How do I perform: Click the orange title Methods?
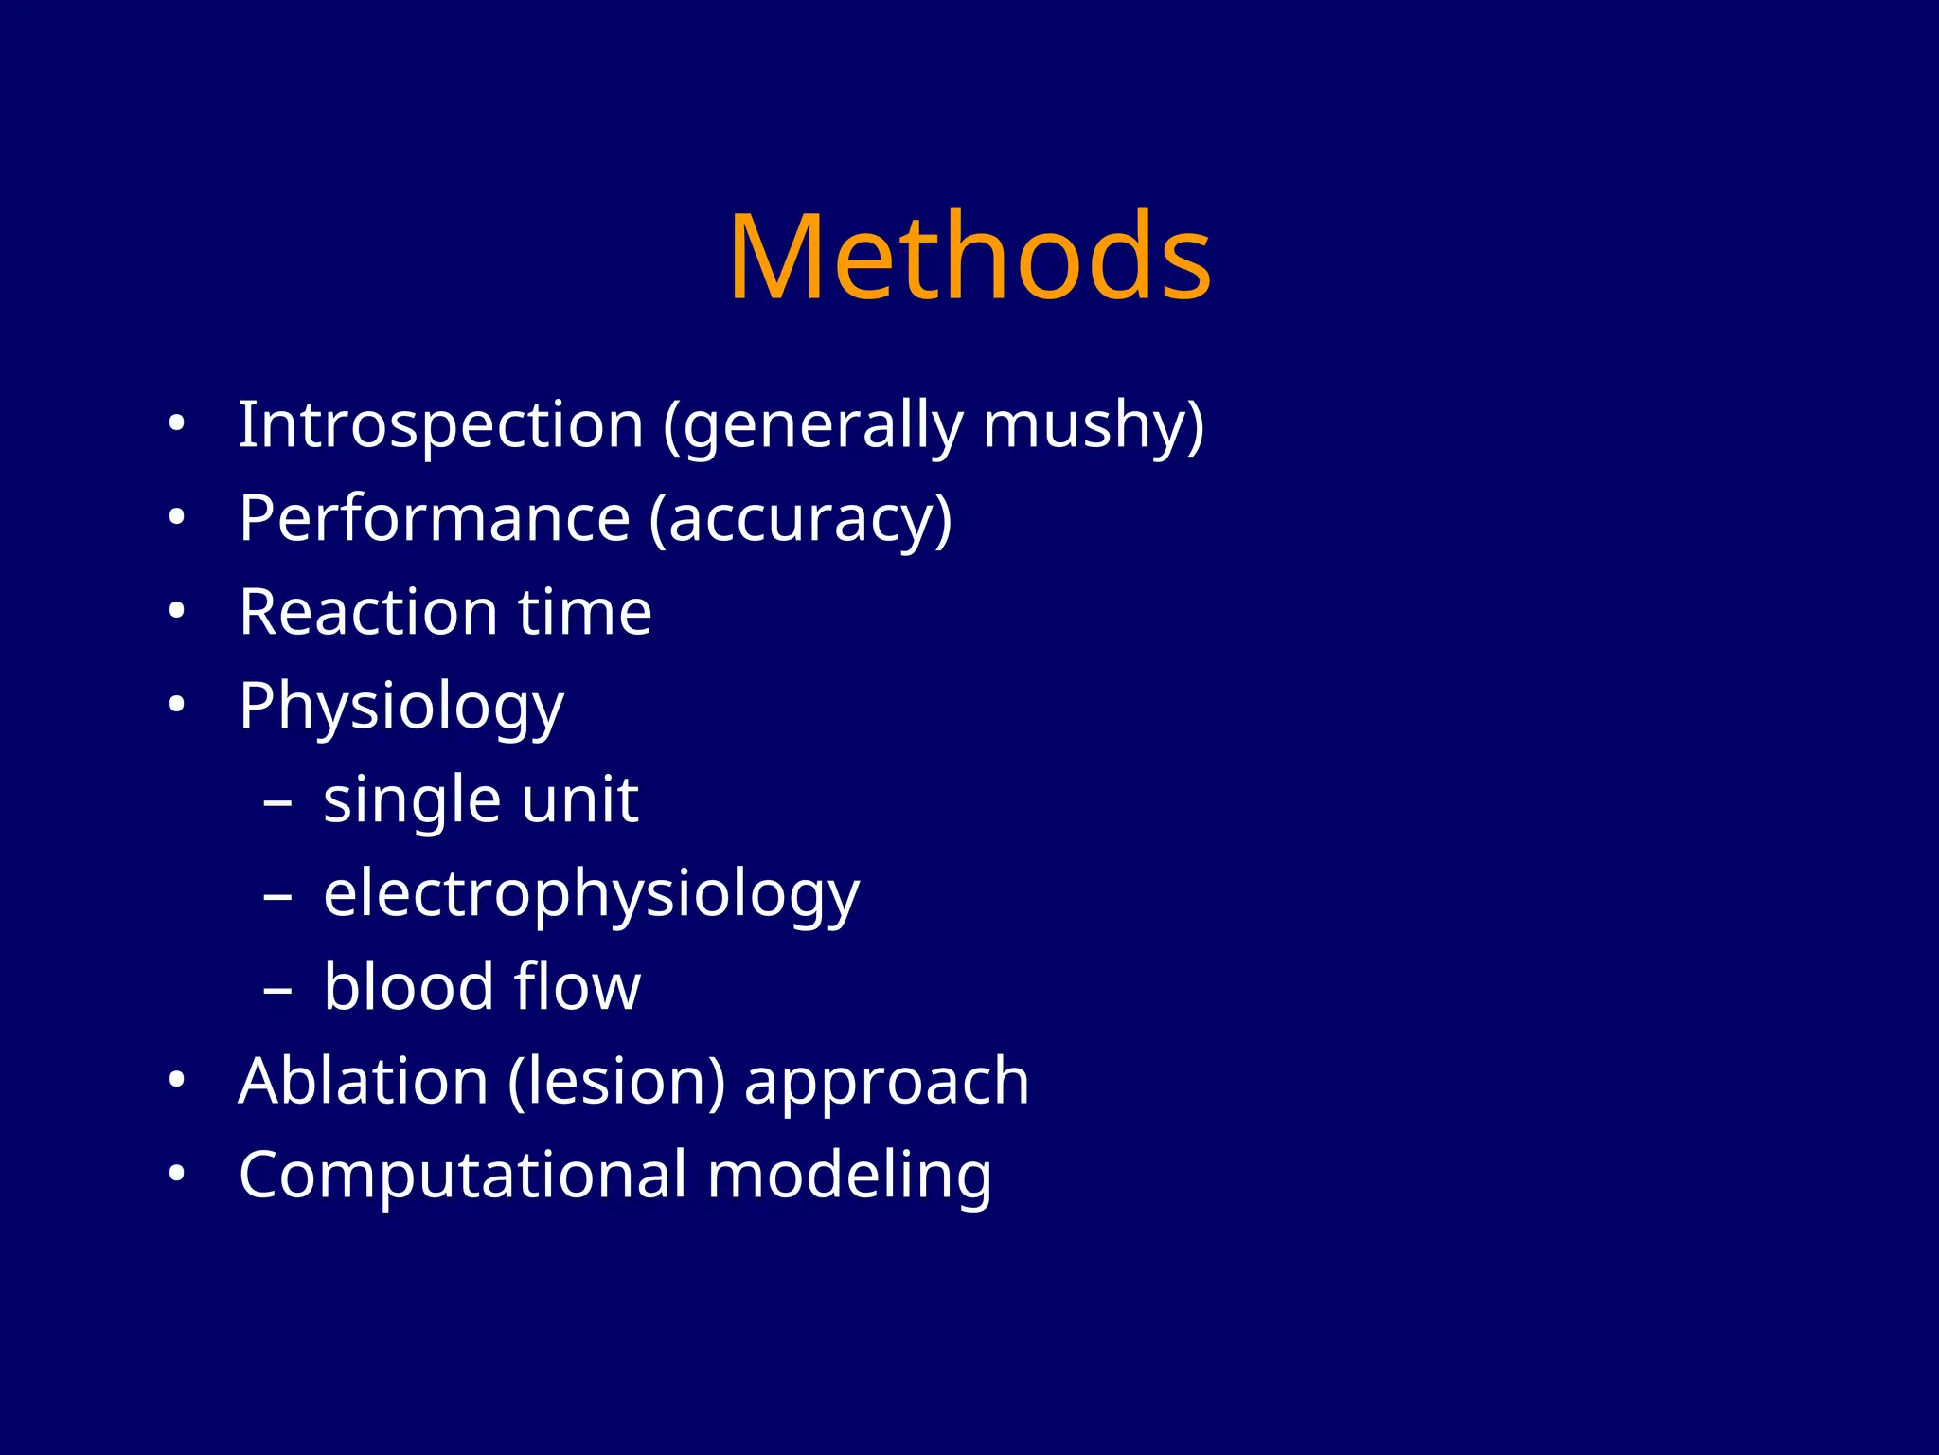[x=969, y=258]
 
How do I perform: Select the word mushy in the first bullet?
[x=1089, y=426]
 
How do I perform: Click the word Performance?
[x=435, y=518]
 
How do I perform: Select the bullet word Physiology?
[x=401, y=708]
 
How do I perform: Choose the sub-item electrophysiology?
[x=591, y=895]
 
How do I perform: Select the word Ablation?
[x=364, y=1081]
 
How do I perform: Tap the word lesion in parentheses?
[x=616, y=1081]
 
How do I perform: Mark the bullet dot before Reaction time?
[x=176, y=612]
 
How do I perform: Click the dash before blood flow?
[x=277, y=991]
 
